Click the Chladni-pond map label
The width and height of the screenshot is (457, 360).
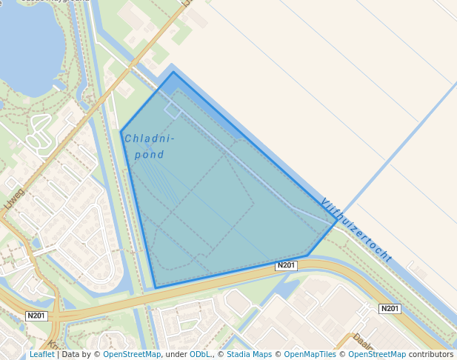pos(150,147)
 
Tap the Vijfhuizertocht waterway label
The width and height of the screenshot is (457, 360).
pos(356,230)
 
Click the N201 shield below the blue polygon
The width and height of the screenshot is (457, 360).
pos(287,265)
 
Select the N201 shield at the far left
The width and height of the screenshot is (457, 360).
pos(36,316)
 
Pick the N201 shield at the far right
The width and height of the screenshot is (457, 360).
pos(390,308)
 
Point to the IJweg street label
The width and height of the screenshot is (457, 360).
pos(15,199)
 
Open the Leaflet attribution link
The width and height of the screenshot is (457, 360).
pos(41,354)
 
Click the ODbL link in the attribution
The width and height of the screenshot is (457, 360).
pos(200,354)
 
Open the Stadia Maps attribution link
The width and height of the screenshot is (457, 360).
pos(248,354)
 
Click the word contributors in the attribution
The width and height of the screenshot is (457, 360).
pos(431,354)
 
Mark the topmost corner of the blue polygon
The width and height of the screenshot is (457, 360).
pos(174,72)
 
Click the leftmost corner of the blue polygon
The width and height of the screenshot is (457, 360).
pos(121,132)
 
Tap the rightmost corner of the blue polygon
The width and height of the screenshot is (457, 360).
pos(338,219)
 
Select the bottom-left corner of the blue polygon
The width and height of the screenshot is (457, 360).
pos(156,287)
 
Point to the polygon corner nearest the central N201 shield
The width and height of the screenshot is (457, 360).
pos(308,256)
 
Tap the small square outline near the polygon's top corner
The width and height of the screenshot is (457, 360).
pos(172,111)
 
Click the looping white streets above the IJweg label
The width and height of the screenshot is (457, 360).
pos(39,137)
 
